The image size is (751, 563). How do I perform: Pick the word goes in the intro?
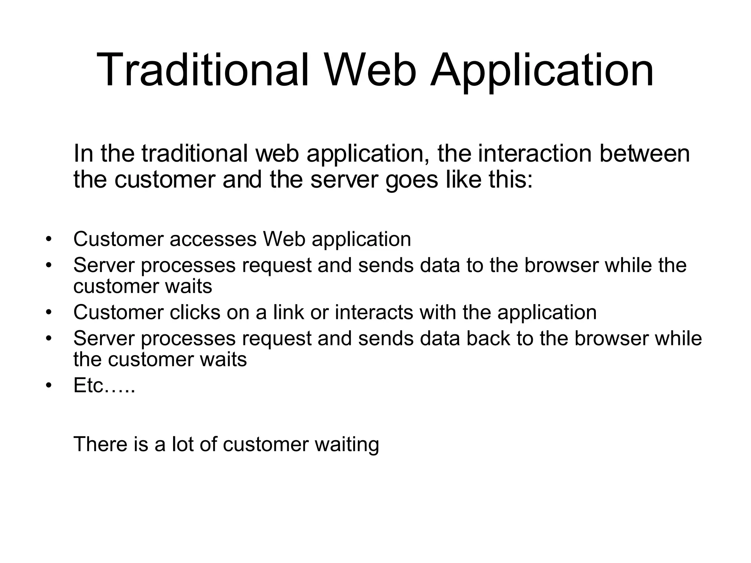coord(411,180)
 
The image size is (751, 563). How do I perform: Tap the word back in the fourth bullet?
coord(488,338)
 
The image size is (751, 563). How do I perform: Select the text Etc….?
coord(104,385)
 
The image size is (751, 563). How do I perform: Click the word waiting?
coord(347,445)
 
